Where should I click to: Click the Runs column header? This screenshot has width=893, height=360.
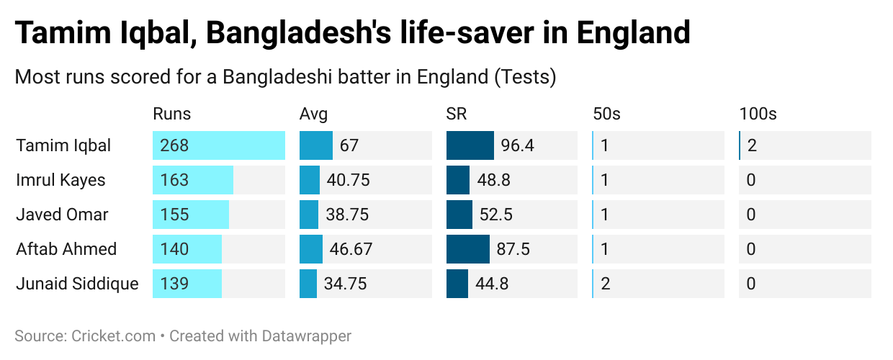(x=171, y=114)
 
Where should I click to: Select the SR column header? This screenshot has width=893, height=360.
(x=457, y=114)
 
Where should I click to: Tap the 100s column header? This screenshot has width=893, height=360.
(x=758, y=114)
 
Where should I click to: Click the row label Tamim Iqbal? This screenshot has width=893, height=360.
(x=63, y=145)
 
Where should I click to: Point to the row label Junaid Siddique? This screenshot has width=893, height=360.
(x=77, y=284)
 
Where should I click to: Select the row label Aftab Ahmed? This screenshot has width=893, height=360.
(x=66, y=249)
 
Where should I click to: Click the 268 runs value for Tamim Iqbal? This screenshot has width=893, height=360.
(x=175, y=145)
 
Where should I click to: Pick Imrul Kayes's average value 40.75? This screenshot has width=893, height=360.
(x=348, y=180)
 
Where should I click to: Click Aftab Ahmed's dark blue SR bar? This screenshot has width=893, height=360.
(x=467, y=249)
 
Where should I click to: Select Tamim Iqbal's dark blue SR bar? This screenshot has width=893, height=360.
(x=470, y=145)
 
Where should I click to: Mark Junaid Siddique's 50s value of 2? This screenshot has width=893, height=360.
(x=605, y=284)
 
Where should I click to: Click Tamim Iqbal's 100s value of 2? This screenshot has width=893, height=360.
(x=752, y=145)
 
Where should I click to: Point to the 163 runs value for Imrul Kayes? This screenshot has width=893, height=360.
(x=175, y=180)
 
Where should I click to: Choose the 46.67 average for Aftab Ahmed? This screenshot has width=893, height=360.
(x=351, y=249)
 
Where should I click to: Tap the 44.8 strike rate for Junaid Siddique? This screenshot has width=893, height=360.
(x=492, y=284)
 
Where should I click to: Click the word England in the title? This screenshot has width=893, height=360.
(x=634, y=32)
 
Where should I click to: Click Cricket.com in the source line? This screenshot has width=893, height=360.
(x=114, y=336)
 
